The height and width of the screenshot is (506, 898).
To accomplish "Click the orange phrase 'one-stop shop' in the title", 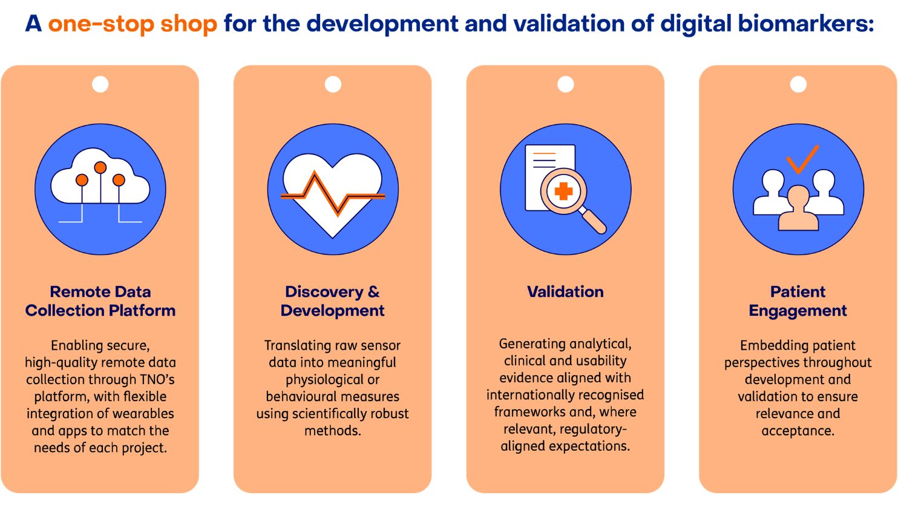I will coord(133,24).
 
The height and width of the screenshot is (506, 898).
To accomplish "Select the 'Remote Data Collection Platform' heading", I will coord(100,301).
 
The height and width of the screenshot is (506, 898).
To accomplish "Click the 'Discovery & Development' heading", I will coord(332,301).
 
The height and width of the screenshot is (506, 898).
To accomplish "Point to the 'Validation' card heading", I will coord(565,292).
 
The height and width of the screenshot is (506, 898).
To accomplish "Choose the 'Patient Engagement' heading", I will coord(798,301).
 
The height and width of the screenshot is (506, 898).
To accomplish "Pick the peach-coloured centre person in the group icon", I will coord(798,209).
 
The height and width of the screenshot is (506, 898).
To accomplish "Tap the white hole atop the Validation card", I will coord(565,84).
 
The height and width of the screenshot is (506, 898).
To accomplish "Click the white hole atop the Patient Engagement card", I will coord(798,84).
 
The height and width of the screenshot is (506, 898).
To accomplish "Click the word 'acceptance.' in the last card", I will coord(798,431).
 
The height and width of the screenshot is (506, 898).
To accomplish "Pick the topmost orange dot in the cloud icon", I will coord(100,167).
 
